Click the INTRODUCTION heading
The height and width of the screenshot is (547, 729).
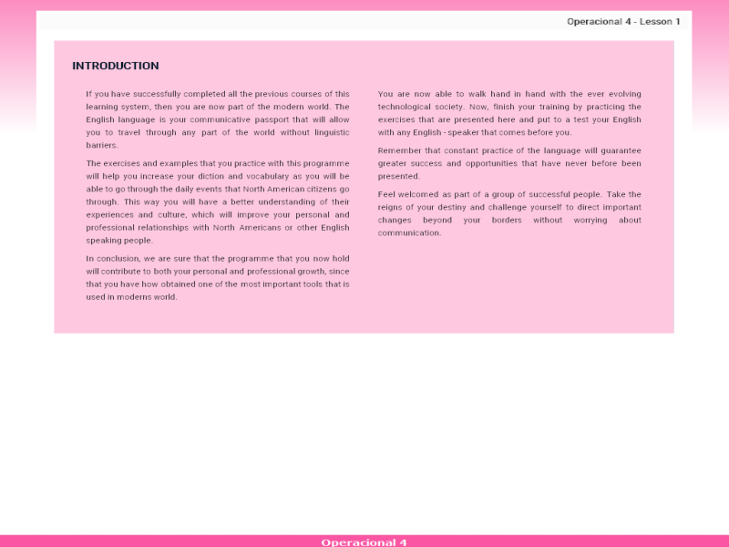click(x=116, y=66)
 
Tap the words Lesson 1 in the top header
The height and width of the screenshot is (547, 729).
click(x=660, y=21)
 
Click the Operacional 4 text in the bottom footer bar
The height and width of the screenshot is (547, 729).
click(x=364, y=542)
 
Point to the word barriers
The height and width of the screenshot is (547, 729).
click(x=102, y=145)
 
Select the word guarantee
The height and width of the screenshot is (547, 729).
click(x=620, y=150)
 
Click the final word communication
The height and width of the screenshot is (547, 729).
click(x=409, y=232)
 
